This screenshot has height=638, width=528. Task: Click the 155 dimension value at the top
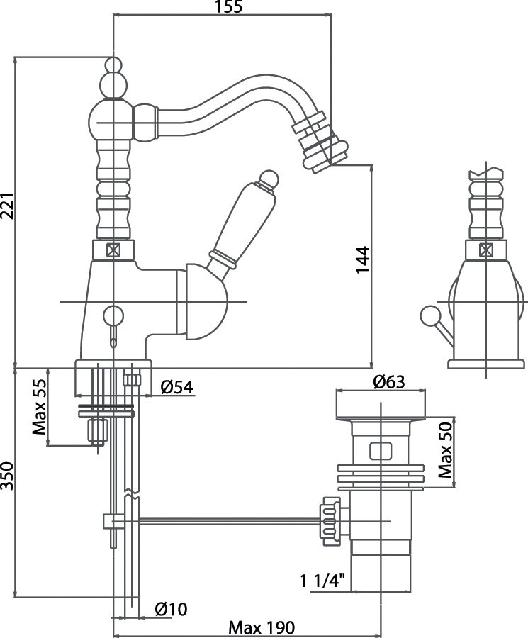click(x=228, y=8)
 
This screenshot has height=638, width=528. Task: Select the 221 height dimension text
click(x=6, y=210)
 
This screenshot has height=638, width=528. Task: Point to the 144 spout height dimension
click(x=362, y=267)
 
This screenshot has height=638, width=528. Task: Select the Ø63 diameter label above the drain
click(x=386, y=381)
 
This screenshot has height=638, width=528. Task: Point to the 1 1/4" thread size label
click(x=322, y=582)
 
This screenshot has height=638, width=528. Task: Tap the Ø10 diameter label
click(x=170, y=608)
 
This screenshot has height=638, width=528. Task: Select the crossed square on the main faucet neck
click(x=113, y=250)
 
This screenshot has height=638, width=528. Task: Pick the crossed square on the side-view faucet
click(x=485, y=250)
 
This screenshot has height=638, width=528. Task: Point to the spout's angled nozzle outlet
click(x=320, y=153)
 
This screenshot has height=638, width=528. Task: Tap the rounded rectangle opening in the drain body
click(x=381, y=451)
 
